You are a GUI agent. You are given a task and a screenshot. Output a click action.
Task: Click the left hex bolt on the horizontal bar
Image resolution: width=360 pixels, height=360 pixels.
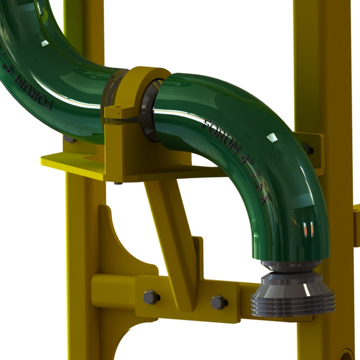click(x=151, y=297)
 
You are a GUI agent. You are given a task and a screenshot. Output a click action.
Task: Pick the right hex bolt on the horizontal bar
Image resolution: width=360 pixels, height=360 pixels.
click(x=219, y=302)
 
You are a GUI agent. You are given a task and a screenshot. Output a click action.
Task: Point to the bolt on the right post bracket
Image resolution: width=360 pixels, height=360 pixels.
click(x=307, y=149)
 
